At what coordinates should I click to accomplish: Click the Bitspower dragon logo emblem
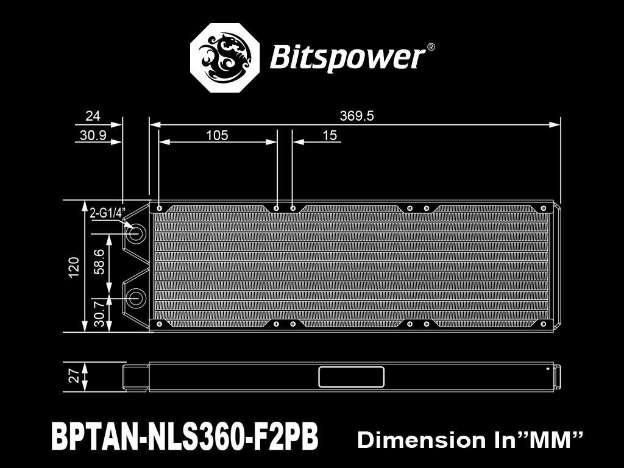tap(227, 58)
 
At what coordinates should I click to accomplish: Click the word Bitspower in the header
tap(346, 57)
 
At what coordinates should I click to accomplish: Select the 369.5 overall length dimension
tap(356, 116)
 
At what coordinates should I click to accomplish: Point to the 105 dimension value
tap(217, 135)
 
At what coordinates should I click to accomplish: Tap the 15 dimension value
tap(330, 135)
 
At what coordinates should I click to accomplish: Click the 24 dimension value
tap(93, 116)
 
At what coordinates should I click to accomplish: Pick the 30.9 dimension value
tap(93, 135)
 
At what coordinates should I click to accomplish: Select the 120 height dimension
tap(74, 267)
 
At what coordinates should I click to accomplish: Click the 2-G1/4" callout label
tap(107, 213)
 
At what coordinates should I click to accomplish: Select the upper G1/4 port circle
tap(135, 233)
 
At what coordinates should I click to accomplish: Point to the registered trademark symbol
tap(431, 47)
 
